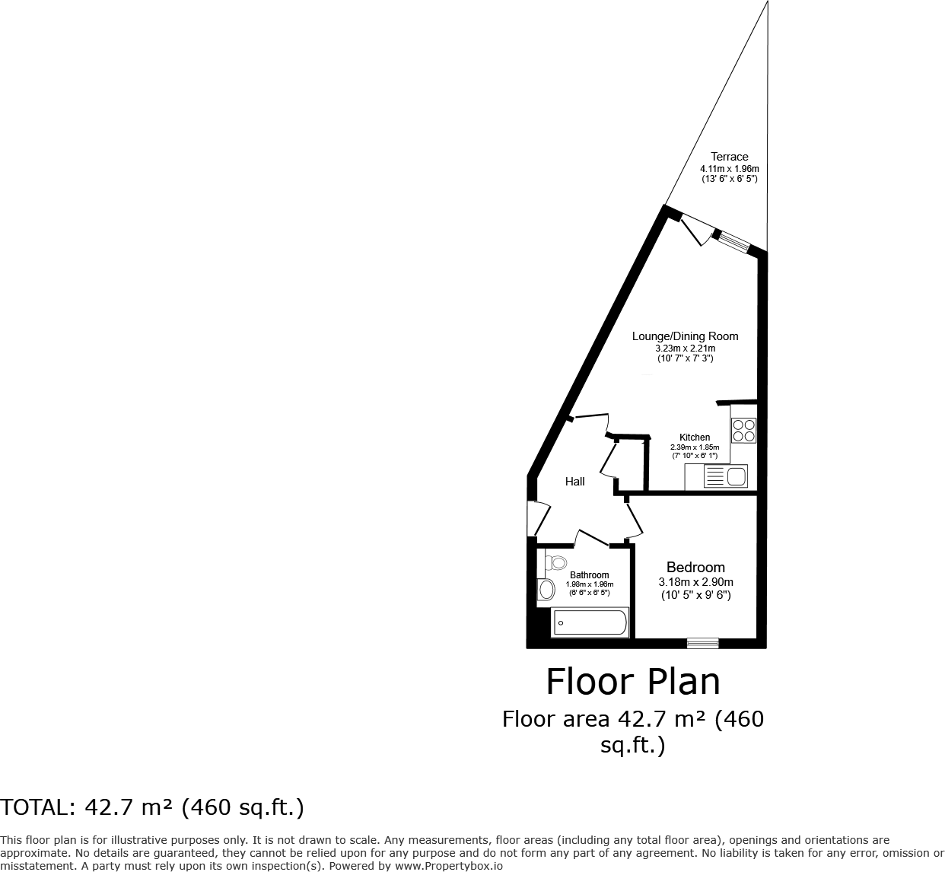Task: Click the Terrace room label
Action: pyautogui.click(x=729, y=157)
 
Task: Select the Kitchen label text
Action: pyautogui.click(x=695, y=438)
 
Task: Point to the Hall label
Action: pyautogui.click(x=575, y=482)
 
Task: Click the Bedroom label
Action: pyautogui.click(x=695, y=567)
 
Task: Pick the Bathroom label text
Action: pyautogui.click(x=589, y=575)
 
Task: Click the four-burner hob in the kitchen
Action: pyautogui.click(x=743, y=431)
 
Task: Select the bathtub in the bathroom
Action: pyautogui.click(x=590, y=622)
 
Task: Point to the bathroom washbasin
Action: pyautogui.click(x=546, y=589)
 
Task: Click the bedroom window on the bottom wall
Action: pyautogui.click(x=702, y=643)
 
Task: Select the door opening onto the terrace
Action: pyautogui.click(x=695, y=228)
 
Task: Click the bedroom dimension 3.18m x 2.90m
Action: pyautogui.click(x=695, y=582)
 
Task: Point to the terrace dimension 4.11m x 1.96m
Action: pyautogui.click(x=729, y=169)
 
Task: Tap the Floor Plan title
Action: pyautogui.click(x=633, y=682)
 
